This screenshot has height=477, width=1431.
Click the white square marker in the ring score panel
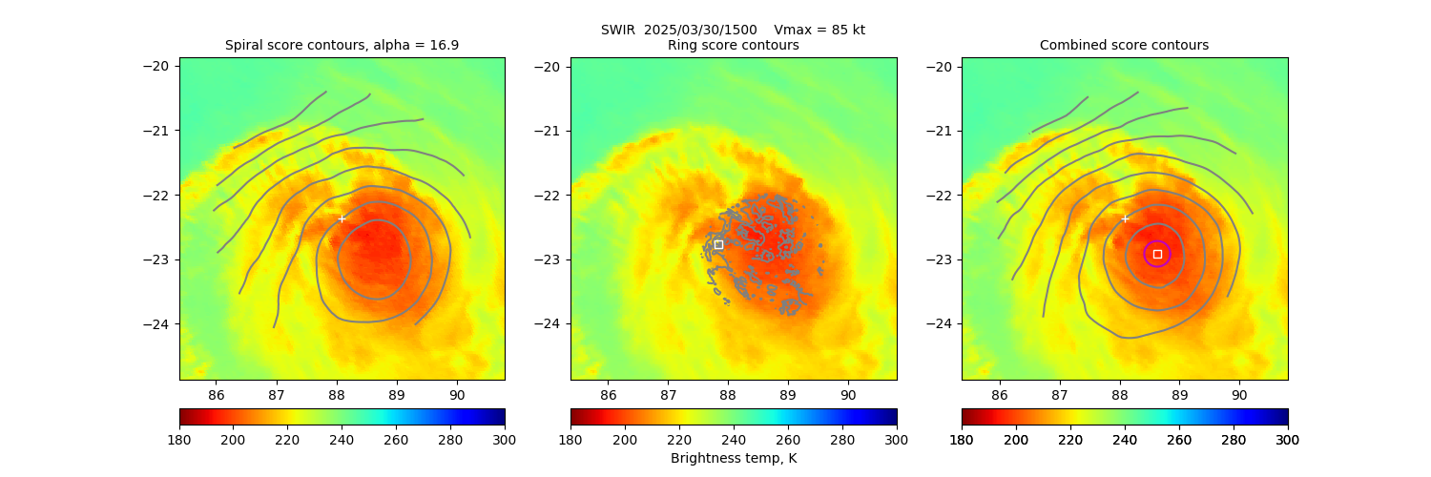click(x=718, y=245)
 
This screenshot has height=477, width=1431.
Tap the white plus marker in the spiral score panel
click(x=342, y=218)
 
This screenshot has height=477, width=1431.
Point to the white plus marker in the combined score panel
click(x=1125, y=218)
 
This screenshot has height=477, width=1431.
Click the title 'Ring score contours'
click(x=734, y=45)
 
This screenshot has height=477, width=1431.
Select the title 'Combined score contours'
click(x=1124, y=45)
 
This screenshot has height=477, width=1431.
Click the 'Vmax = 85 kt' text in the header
click(x=819, y=30)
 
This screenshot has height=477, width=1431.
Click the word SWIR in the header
click(x=618, y=30)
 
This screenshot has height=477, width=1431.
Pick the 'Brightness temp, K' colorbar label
click(x=734, y=458)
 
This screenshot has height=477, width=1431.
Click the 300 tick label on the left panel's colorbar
click(x=505, y=439)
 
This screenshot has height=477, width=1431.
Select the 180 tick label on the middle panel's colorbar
click(x=570, y=439)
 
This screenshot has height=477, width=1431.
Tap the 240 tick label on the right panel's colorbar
click(x=1125, y=439)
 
